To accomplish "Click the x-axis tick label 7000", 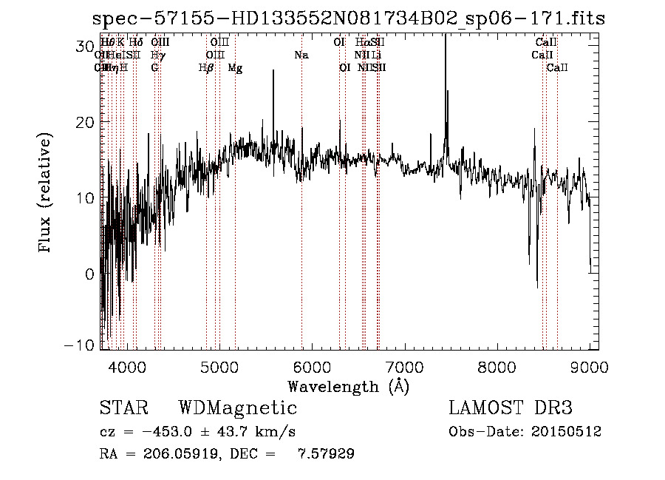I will pos(405,366).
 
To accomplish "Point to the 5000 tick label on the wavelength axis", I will pos(219,366).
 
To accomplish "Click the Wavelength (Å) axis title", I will pos(348,386).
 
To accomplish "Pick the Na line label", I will pos(301,55).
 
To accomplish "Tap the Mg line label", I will pos(235,68).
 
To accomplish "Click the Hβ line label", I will pos(206,68).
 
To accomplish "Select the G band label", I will pos(154,68).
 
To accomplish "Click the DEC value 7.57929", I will pos(325,454).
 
